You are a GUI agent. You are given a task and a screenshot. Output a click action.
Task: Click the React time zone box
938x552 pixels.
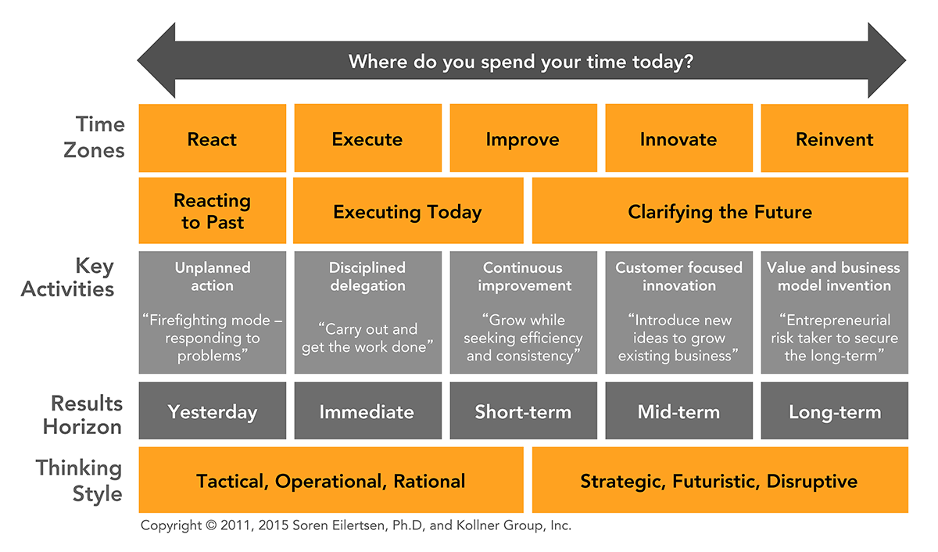click(x=213, y=138)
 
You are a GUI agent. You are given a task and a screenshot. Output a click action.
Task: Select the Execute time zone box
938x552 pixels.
click(x=367, y=138)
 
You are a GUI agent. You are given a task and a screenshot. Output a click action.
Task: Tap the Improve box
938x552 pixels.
click(x=524, y=138)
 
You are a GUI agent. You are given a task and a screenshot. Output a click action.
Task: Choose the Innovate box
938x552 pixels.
click(x=678, y=138)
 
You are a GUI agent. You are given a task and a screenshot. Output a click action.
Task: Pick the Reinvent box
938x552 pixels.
click(x=835, y=138)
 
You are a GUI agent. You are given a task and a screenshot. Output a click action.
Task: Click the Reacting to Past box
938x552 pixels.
click(x=213, y=210)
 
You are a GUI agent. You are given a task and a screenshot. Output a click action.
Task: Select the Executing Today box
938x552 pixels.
click(x=408, y=210)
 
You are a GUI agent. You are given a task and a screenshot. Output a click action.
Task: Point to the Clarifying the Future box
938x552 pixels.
click(x=720, y=210)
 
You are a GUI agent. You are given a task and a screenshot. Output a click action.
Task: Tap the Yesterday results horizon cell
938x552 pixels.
click(x=213, y=410)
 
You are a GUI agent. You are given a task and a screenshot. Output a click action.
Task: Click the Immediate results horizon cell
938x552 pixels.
click(x=367, y=410)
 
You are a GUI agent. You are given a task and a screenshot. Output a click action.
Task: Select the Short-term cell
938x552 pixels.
click(x=524, y=410)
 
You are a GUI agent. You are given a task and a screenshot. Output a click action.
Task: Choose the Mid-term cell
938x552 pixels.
click(x=678, y=410)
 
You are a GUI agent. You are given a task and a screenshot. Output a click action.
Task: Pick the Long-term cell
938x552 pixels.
click(x=835, y=410)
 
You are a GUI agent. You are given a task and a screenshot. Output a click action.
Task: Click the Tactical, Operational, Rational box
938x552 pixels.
click(x=331, y=480)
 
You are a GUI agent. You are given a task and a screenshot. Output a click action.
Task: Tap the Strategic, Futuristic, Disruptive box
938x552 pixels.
click(x=720, y=480)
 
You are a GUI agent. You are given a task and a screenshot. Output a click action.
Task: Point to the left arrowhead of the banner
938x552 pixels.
click(x=157, y=60)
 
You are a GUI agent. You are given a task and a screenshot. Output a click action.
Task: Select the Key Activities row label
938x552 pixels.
click(x=68, y=278)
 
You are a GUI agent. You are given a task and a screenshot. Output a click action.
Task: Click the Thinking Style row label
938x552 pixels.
click(x=79, y=480)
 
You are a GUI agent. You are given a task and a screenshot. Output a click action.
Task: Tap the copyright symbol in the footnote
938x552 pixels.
click(x=212, y=525)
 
